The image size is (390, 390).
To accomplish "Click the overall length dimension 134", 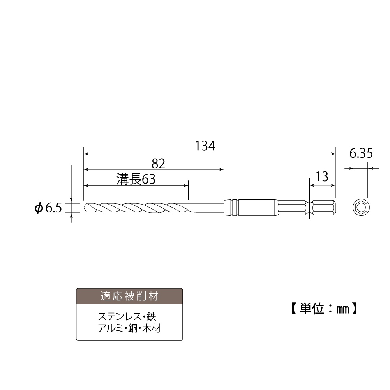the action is [x=205, y=146].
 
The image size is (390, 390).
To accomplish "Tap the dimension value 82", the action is [x=158, y=164].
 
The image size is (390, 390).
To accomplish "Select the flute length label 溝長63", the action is [x=136, y=179].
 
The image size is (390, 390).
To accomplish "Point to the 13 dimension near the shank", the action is [x=322, y=177].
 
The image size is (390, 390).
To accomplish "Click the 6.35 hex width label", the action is [x=361, y=153].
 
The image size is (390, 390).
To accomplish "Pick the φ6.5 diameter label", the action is [x=48, y=208].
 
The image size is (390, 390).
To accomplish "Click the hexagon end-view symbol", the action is [x=361, y=207].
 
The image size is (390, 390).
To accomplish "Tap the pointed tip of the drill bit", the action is [x=84, y=207].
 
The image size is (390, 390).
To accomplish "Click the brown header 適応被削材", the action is [x=129, y=296].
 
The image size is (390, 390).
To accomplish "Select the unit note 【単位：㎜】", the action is [x=324, y=309].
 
